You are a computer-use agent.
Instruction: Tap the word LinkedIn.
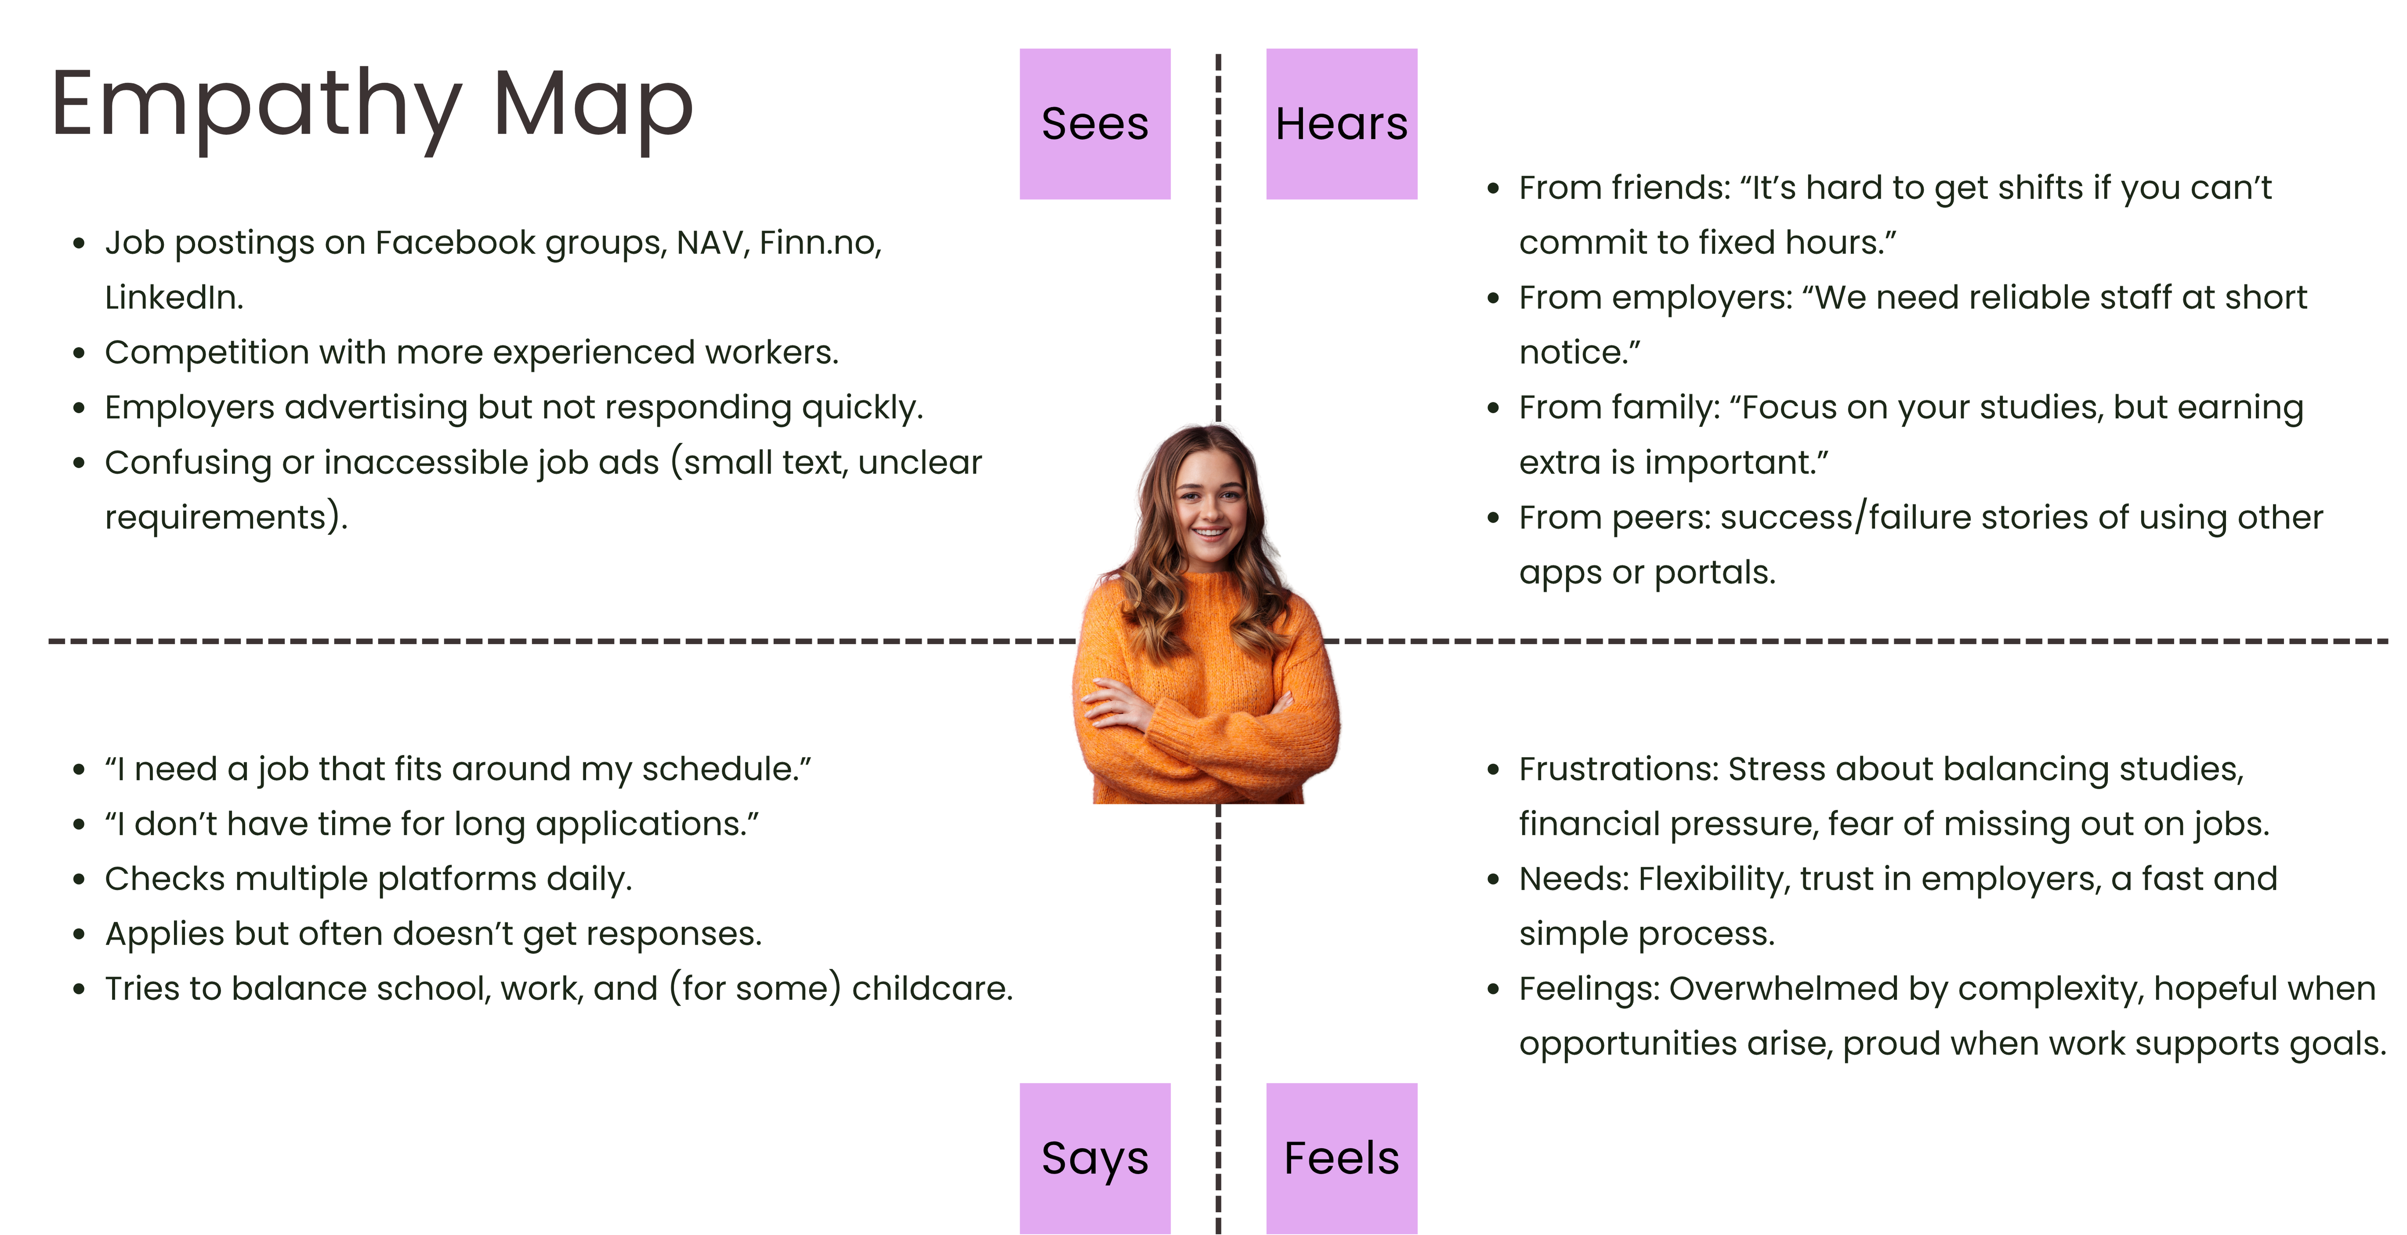[x=174, y=297]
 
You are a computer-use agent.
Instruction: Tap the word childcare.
[x=932, y=988]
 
